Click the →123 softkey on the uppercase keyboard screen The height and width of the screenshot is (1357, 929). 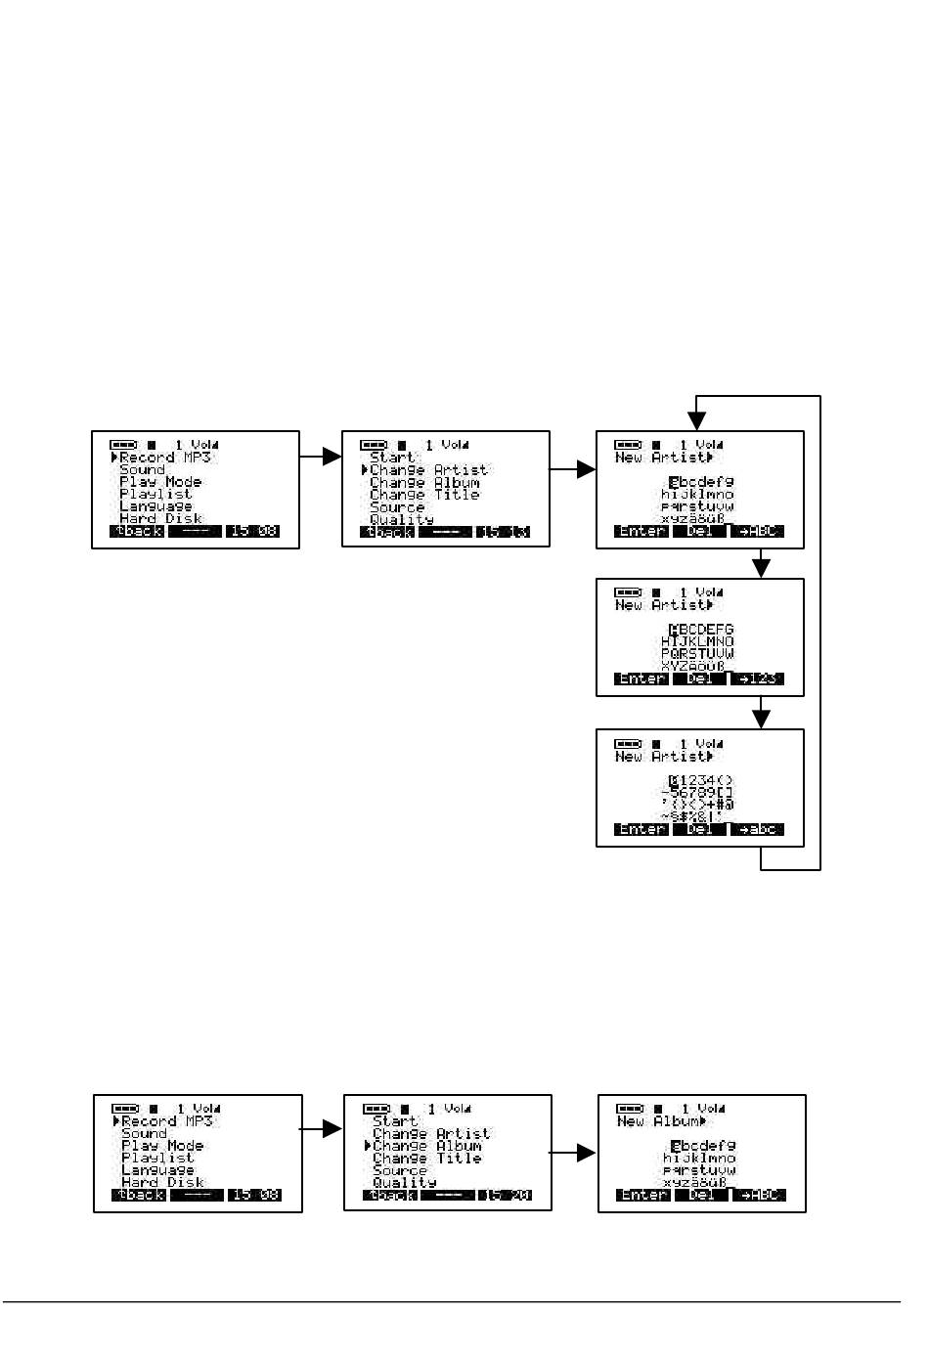pyautogui.click(x=758, y=678)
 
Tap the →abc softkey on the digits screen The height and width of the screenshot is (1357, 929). pyautogui.click(x=758, y=829)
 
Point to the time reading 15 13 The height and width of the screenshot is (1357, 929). pyautogui.click(x=504, y=532)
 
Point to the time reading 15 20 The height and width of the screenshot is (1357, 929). pyautogui.click(x=506, y=1195)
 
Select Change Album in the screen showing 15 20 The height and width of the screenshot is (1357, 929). pyautogui.click(x=427, y=1146)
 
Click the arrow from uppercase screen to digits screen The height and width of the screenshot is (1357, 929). pyautogui.click(x=761, y=718)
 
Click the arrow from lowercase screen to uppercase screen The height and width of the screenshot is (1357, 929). pyautogui.click(x=761, y=567)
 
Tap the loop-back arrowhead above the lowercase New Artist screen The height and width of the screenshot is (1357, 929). pyautogui.click(x=696, y=420)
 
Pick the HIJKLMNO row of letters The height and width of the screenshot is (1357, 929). pyautogui.click(x=697, y=641)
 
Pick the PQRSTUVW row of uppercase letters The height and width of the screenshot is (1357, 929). pyautogui.click(x=697, y=653)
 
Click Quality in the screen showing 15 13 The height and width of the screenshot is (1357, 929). pyautogui.click(x=402, y=519)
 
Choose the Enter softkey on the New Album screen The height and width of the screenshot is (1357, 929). pyautogui.click(x=644, y=1195)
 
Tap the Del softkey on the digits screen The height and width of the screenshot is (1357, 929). pyautogui.click(x=700, y=829)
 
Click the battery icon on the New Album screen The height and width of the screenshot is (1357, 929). pyautogui.click(x=630, y=1109)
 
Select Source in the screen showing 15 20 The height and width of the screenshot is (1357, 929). pyautogui.click(x=400, y=1170)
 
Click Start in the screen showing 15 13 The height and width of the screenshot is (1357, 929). pyautogui.click(x=393, y=458)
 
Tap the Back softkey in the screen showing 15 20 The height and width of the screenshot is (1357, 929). pyautogui.click(x=390, y=1195)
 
